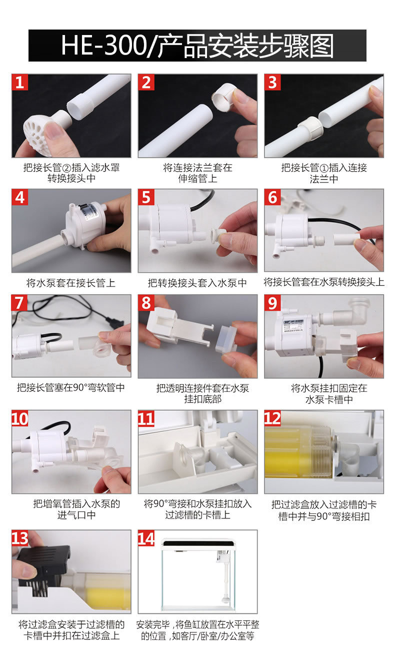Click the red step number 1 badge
point(19,82)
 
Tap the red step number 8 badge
point(146,303)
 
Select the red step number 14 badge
point(146,538)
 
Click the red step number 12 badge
point(272,418)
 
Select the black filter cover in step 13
point(44,569)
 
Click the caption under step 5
point(197,283)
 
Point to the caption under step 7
point(71,387)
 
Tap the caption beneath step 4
point(71,283)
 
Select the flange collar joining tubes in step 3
point(310,128)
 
